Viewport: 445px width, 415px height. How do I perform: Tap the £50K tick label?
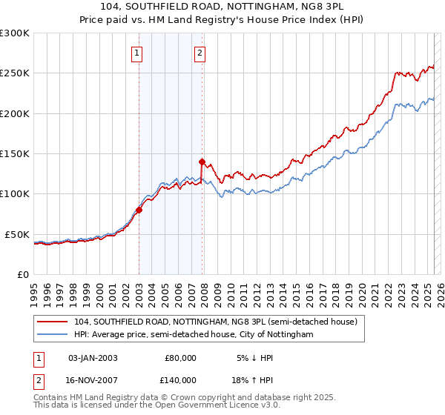(17, 234)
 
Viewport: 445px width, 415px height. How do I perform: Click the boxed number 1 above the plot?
(139, 53)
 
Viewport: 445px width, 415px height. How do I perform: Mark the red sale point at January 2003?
(139, 210)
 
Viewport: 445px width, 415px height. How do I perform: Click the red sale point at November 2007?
(202, 161)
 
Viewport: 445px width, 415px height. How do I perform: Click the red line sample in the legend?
(53, 322)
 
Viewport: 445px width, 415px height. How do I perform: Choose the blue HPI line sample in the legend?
(53, 335)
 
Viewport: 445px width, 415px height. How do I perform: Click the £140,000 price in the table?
(180, 379)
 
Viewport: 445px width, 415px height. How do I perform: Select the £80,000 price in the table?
(180, 358)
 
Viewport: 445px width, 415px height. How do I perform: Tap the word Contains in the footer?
(51, 397)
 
